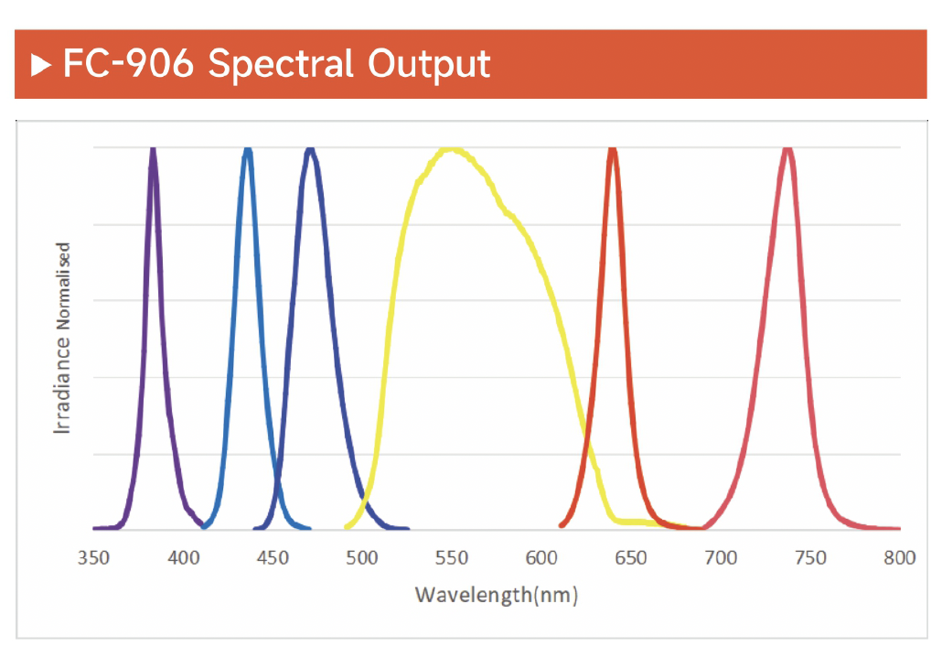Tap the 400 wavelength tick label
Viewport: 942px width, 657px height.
184,558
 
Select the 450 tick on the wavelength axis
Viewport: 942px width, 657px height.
273,558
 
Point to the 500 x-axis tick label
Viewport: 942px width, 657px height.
363,558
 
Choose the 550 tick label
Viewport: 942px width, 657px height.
453,558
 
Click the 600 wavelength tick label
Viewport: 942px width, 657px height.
542,558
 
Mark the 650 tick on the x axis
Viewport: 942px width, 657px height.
632,558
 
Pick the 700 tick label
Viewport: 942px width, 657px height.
722,558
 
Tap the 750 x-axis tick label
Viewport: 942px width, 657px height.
811,558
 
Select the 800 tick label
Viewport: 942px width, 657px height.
900,558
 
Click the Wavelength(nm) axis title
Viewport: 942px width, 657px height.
497,595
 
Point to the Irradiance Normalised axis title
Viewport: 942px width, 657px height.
62,339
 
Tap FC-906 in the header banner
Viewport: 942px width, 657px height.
128,64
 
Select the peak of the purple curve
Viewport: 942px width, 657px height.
153,150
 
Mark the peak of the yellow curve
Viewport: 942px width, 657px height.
451,149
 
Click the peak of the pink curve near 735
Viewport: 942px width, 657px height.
787,149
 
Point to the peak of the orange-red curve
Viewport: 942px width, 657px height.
613,150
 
